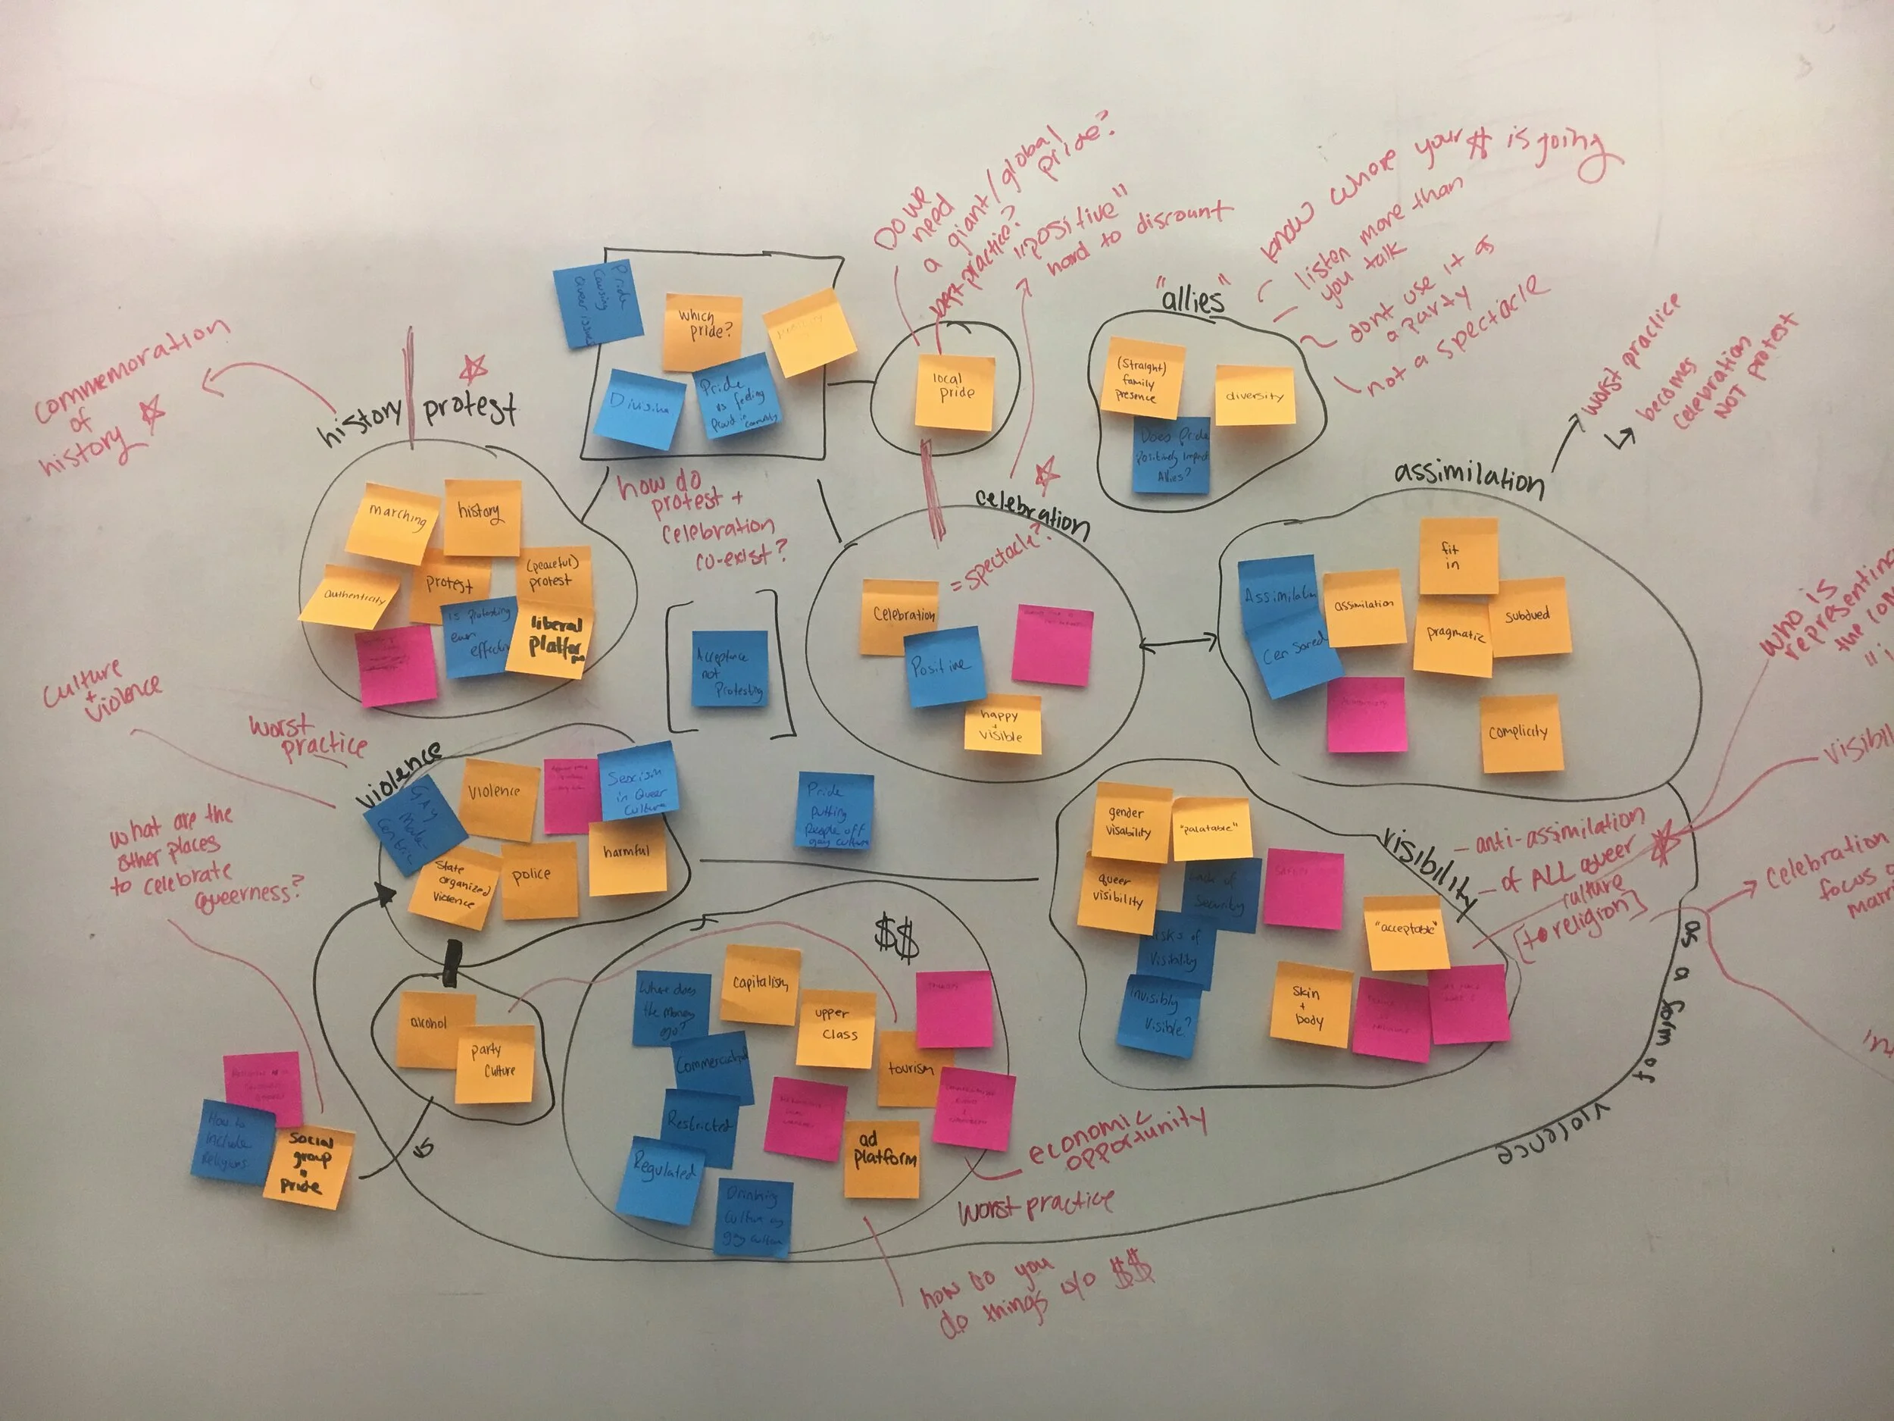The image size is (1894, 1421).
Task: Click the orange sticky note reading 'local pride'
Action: pyautogui.click(x=955, y=392)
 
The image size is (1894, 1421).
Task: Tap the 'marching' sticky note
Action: pyautogui.click(x=394, y=521)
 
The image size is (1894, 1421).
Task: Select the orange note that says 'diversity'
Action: pyautogui.click(x=1255, y=395)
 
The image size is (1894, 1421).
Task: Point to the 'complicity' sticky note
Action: pyautogui.click(x=1520, y=733)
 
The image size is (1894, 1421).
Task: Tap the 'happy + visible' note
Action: pyautogui.click(x=1002, y=725)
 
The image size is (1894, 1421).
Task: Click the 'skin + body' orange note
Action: pyautogui.click(x=1308, y=1006)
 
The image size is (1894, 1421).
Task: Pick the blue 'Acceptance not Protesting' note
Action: pyautogui.click(x=730, y=670)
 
